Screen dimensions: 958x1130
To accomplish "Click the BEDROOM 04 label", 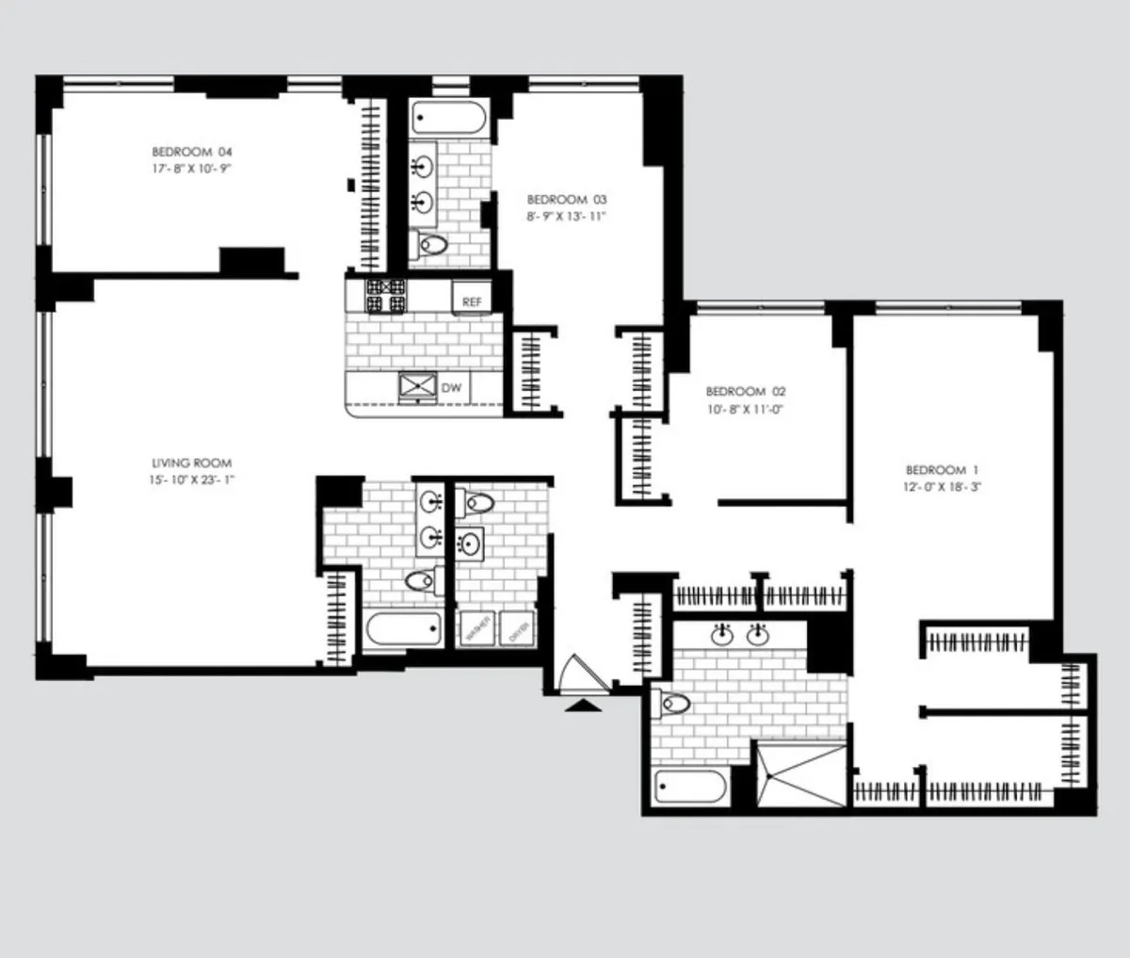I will coord(191,152).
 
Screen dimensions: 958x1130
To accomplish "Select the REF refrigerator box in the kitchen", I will coord(471,301).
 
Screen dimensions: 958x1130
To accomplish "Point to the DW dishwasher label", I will coord(452,387).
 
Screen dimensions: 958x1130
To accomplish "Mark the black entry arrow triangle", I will coord(584,704).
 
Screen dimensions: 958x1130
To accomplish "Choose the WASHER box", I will coord(475,627).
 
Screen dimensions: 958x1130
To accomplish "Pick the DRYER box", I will coord(517,627).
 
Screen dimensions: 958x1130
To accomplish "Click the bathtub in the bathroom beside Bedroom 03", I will coord(449,120).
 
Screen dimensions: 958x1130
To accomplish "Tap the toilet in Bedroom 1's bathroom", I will coord(674,703).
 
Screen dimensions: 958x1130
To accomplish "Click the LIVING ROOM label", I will coord(191,463).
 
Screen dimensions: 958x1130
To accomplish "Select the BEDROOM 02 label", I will coord(745,391).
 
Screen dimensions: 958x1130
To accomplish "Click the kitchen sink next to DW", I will coord(418,386).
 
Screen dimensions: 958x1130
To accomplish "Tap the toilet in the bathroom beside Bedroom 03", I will coord(433,245).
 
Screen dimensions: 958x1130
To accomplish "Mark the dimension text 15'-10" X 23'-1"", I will coord(191,479).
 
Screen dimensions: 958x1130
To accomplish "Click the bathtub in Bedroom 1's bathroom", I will coord(690,785).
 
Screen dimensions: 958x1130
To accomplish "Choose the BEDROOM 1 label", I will coord(935,470).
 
